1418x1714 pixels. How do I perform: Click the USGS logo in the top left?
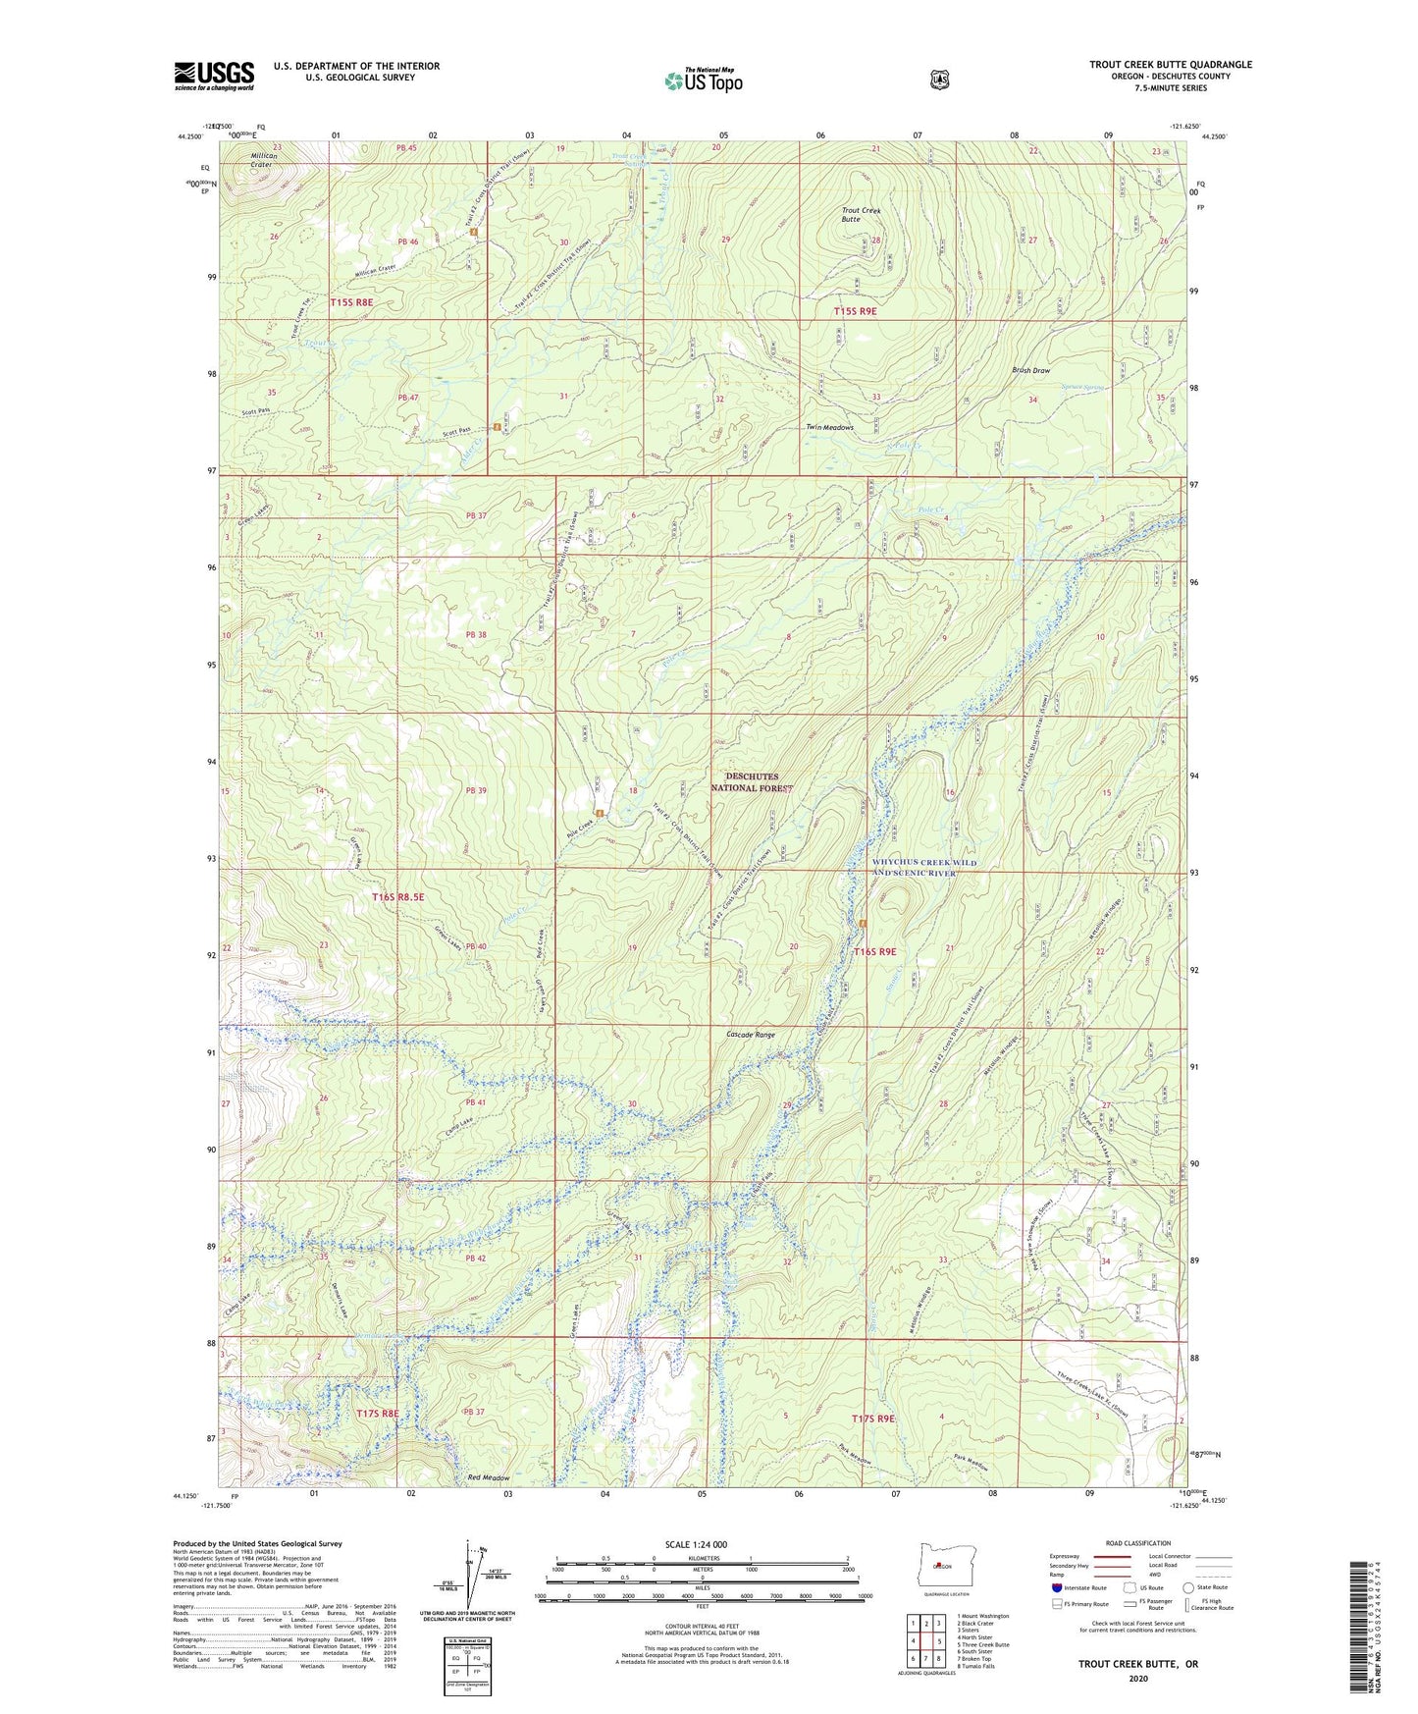click(214, 76)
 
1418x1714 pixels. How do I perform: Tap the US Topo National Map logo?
click(703, 80)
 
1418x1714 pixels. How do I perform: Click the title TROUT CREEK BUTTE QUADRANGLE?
click(1170, 65)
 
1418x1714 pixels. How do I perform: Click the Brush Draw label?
click(1030, 371)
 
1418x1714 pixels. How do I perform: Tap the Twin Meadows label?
click(829, 428)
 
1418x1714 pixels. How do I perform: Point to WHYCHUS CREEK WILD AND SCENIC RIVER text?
click(924, 868)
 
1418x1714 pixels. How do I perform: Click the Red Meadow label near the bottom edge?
click(489, 1478)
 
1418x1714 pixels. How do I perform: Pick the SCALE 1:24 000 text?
click(696, 1544)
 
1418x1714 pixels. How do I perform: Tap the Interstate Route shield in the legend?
click(1056, 1587)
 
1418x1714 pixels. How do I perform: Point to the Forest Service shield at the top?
click(939, 79)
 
